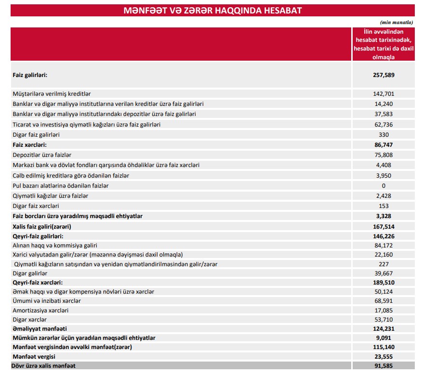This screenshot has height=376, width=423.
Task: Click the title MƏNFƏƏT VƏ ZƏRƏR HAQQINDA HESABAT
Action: tap(212, 10)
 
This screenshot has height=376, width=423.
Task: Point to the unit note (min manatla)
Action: tap(397, 22)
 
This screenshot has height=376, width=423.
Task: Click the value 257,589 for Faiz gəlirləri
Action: tap(383, 75)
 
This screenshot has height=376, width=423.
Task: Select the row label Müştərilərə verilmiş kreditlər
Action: tap(52, 94)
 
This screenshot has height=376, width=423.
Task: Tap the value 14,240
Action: tap(383, 104)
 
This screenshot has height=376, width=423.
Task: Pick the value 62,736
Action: tap(383, 125)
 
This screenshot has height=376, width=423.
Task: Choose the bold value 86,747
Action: tap(383, 144)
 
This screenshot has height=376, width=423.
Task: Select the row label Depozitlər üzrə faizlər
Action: tap(42, 155)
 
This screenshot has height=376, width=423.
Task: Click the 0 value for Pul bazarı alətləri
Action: tap(383, 186)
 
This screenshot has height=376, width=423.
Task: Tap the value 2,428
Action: tap(383, 196)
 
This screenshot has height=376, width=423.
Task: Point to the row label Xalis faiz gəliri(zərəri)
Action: tap(45, 226)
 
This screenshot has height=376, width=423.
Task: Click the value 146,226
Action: tap(383, 236)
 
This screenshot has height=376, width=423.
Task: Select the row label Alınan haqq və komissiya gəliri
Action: tap(55, 246)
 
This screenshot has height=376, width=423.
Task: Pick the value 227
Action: tap(383, 264)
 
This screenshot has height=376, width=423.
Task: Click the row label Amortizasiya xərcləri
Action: tap(40, 311)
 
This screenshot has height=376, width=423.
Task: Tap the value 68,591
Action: tap(383, 301)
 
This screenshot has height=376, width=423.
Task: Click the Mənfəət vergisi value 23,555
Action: tap(383, 357)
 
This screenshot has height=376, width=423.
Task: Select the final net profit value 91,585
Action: tap(383, 366)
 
